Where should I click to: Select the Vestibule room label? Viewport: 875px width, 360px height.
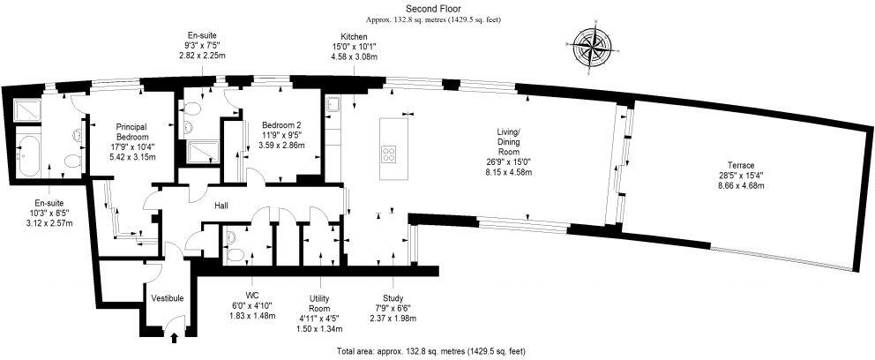click(x=167, y=298)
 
